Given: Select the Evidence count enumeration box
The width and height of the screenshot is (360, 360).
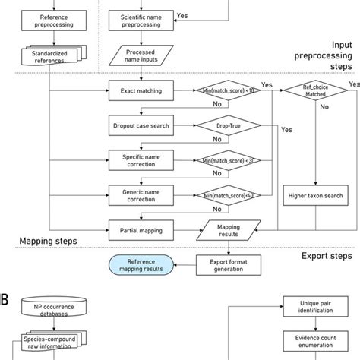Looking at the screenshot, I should [315, 343].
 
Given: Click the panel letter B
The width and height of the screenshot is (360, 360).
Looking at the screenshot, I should [5, 300].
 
